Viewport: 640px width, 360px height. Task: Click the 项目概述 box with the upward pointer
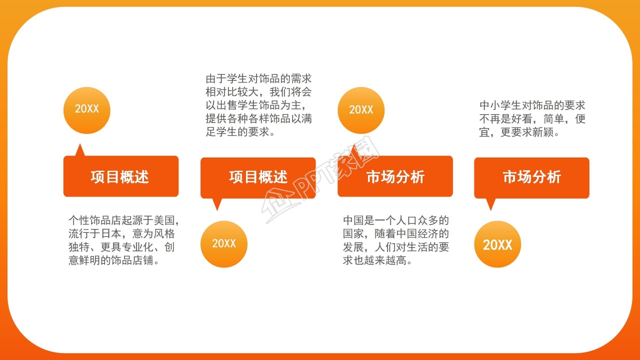[x=120, y=176]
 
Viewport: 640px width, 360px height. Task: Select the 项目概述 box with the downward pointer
[x=258, y=177]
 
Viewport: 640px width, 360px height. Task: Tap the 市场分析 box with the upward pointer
[x=395, y=176]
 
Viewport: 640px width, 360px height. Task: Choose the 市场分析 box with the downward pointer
[x=531, y=177]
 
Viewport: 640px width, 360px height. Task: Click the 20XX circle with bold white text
[x=497, y=244]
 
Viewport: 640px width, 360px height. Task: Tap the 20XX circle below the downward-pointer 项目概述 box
[x=223, y=244]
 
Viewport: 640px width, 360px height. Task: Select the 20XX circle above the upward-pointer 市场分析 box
[x=361, y=110]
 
